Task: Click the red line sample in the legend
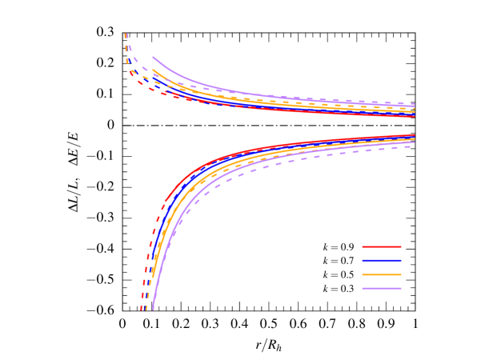381,246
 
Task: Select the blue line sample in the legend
381,260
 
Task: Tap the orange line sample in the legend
381,274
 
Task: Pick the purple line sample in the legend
381,288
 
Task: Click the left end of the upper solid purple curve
153,57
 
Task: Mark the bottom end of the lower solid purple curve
152,309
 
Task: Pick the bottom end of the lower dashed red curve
142,309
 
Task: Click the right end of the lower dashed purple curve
415,144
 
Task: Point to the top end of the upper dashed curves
126,34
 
